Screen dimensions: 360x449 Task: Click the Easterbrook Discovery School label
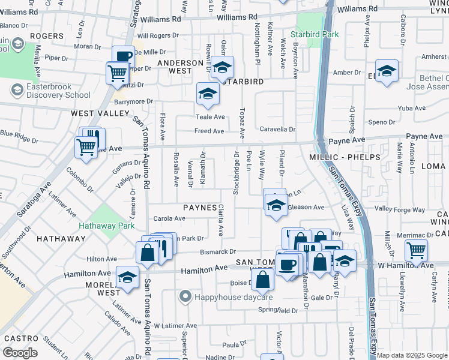pyautogui.click(x=50, y=91)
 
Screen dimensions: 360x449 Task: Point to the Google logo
pyautogui.click(x=20, y=352)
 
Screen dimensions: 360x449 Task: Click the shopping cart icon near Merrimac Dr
pyautogui.click(x=416, y=251)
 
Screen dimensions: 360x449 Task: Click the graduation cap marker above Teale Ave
pyautogui.click(x=208, y=94)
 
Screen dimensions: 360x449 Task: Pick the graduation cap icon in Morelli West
pyautogui.click(x=127, y=278)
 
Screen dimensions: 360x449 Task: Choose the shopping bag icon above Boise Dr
pyautogui.click(x=262, y=279)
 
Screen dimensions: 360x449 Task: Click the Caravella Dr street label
pyautogui.click(x=277, y=129)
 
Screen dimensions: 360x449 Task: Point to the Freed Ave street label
pyautogui.click(x=209, y=131)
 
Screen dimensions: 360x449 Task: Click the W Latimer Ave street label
pyautogui.click(x=175, y=326)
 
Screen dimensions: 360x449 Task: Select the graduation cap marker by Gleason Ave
pyautogui.click(x=275, y=205)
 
